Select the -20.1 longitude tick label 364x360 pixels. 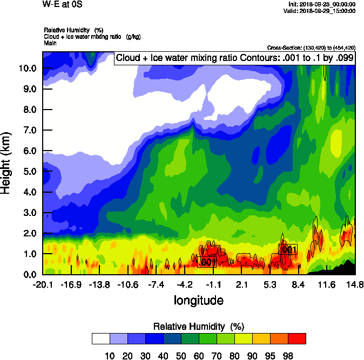coord(42,284)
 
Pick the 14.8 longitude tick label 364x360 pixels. coord(355,284)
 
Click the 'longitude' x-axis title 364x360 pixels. coord(198,300)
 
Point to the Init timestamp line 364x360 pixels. coord(322,4)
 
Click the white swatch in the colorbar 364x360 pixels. coord(101,338)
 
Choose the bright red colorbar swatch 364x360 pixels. coord(296,338)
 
